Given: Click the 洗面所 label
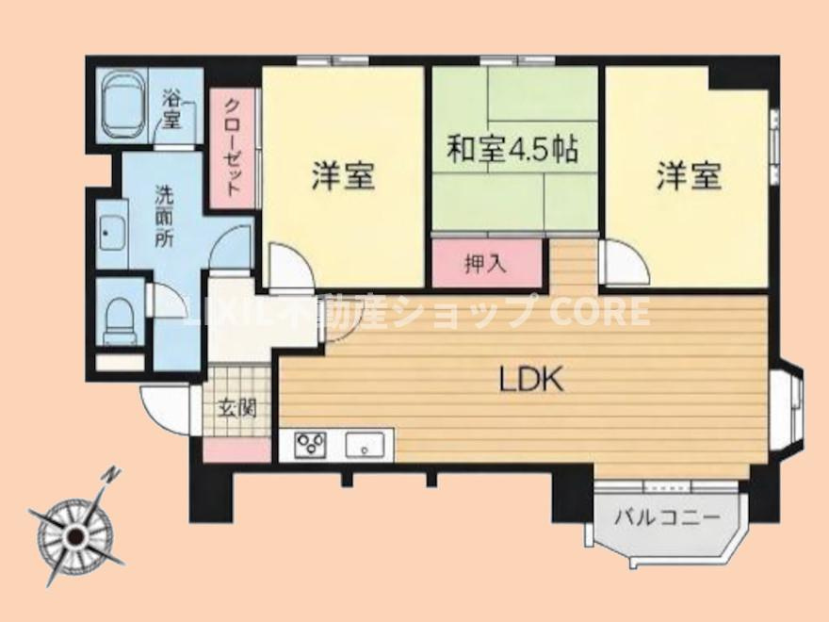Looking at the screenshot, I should click(166, 217).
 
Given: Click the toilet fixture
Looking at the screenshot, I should click(120, 320).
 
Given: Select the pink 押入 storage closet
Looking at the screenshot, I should click(486, 264).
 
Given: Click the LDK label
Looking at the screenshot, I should click(530, 381).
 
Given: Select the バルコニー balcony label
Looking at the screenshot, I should click(667, 517).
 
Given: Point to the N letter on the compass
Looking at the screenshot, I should click(112, 474).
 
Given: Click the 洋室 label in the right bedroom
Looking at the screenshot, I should click(690, 176).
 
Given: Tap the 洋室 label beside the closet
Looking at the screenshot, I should click(343, 176).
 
